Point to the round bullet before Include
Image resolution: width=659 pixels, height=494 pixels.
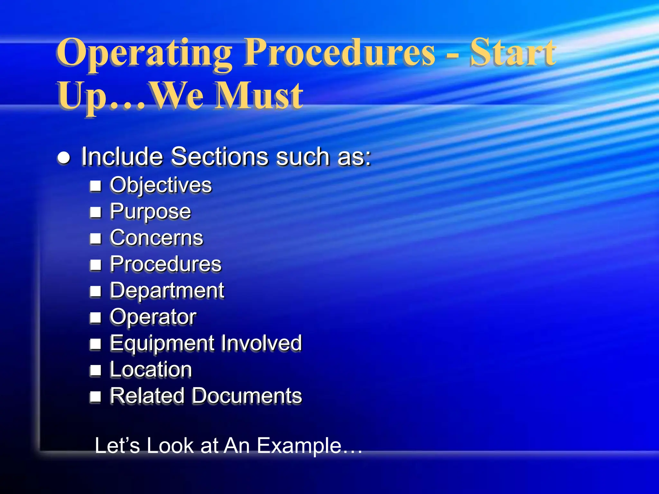[x=64, y=158]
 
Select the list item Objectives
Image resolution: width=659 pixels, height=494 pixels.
[x=161, y=185]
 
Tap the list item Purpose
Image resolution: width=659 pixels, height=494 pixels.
[x=150, y=212]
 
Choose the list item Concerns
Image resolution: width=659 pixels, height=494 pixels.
[x=156, y=238]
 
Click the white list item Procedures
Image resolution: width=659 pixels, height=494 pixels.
[x=165, y=264]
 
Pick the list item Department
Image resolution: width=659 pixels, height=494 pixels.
[x=167, y=291]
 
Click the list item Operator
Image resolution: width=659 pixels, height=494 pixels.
[x=153, y=317]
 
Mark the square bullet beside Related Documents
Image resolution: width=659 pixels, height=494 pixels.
[x=96, y=397]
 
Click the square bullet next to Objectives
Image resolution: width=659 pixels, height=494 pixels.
[x=96, y=186]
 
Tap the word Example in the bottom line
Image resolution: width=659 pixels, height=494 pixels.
[x=299, y=446]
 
